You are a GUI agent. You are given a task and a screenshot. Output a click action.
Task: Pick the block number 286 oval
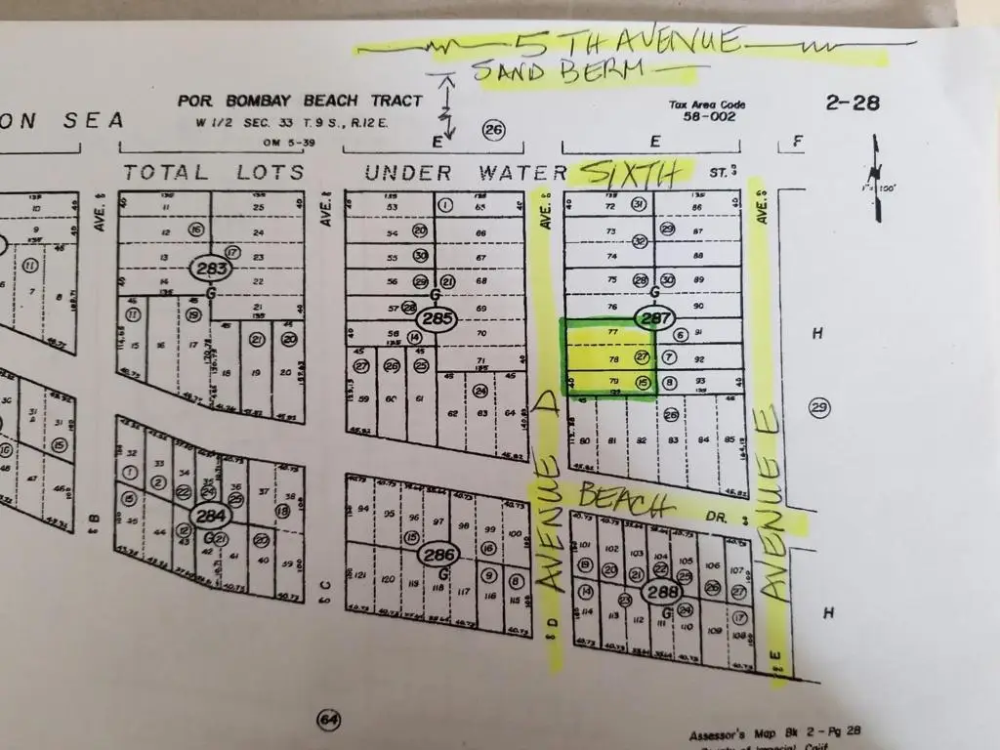click(x=437, y=555)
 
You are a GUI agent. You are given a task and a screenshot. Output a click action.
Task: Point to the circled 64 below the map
click(x=328, y=722)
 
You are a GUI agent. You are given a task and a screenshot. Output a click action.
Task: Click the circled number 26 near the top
click(x=494, y=130)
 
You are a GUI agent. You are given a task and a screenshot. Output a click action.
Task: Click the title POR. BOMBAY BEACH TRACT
click(x=300, y=101)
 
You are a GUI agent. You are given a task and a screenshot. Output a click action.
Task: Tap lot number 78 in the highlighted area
click(x=613, y=358)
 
